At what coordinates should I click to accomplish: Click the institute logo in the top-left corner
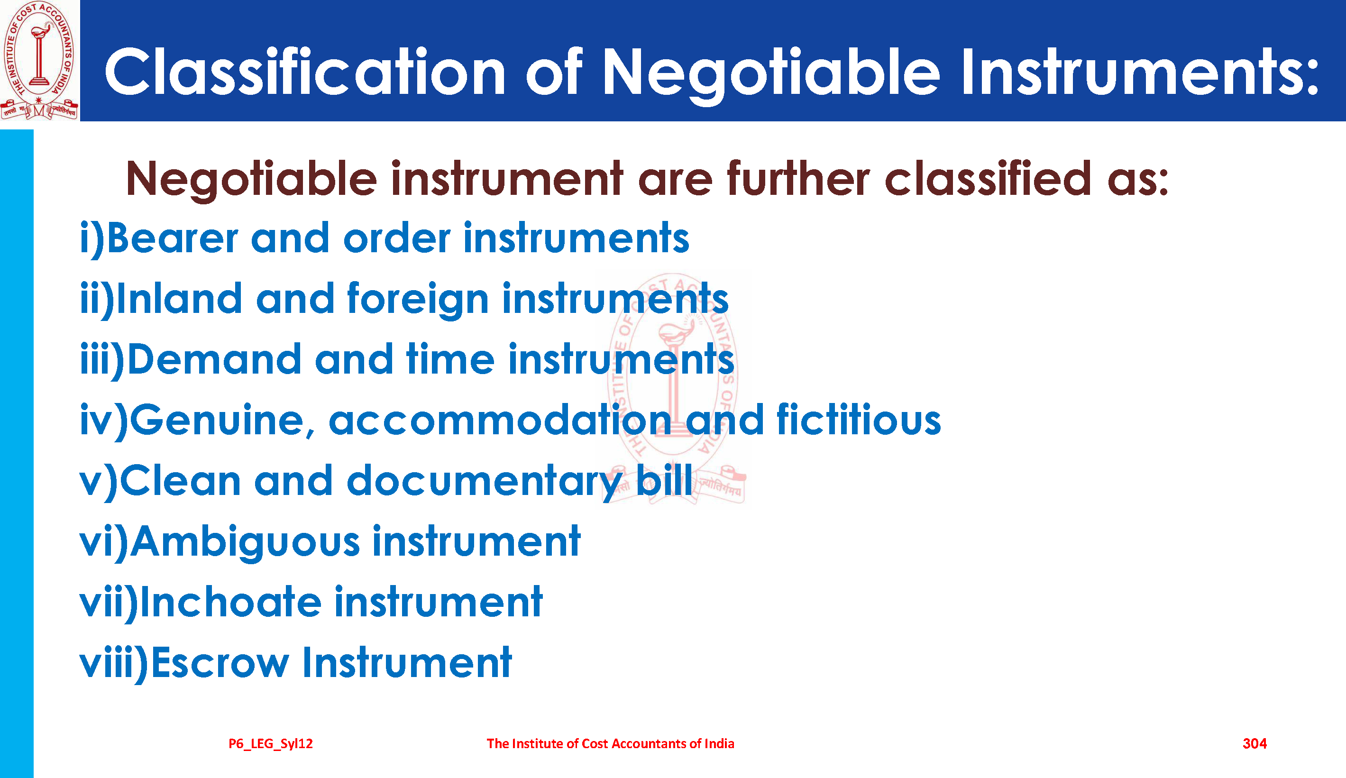click(x=39, y=60)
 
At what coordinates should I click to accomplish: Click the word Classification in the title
click(x=305, y=72)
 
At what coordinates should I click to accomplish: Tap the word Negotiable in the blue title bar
click(x=771, y=75)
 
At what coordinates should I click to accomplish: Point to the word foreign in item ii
click(x=418, y=299)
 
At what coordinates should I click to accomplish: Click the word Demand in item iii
click(x=214, y=359)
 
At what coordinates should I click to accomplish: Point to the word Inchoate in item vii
click(x=230, y=602)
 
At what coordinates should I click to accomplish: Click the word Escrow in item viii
click(x=220, y=663)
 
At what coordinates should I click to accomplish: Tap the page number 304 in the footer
click(x=1254, y=743)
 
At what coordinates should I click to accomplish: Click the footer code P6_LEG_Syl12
click(x=270, y=744)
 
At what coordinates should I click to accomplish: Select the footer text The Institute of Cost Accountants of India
click(x=610, y=743)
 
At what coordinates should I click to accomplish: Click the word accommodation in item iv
click(x=500, y=420)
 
